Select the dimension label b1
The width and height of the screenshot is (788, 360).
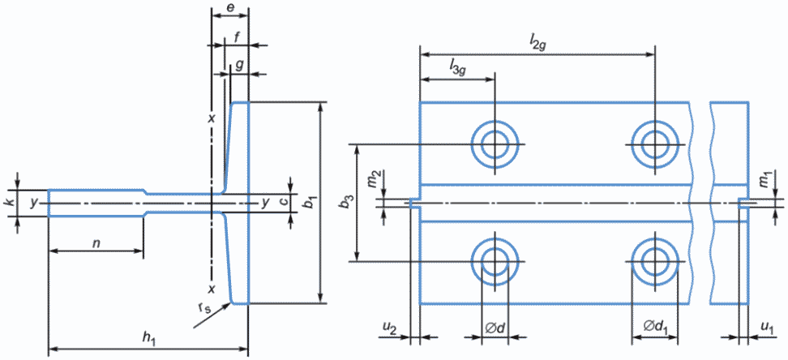coord(311,204)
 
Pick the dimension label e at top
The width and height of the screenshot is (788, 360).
coord(229,7)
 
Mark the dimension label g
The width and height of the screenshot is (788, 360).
coord(239,66)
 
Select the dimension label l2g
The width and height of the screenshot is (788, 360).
coord(537,45)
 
